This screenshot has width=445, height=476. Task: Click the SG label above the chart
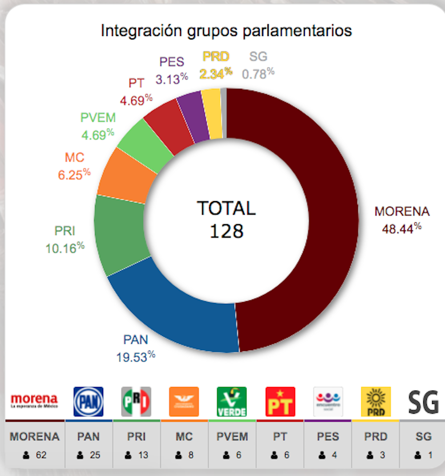point(258,57)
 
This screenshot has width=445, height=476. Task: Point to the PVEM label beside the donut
point(98,118)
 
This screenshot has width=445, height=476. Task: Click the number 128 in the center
point(227,231)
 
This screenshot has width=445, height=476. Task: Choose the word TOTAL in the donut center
point(227,208)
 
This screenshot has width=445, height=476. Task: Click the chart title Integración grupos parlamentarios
point(226,31)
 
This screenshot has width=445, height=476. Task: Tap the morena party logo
point(34,401)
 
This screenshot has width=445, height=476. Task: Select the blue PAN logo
point(88,401)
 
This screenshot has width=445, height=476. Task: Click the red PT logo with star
point(280,401)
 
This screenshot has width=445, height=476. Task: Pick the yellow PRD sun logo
point(376,401)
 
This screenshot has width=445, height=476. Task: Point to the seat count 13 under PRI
point(142,455)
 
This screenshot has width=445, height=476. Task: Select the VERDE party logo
point(232,401)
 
